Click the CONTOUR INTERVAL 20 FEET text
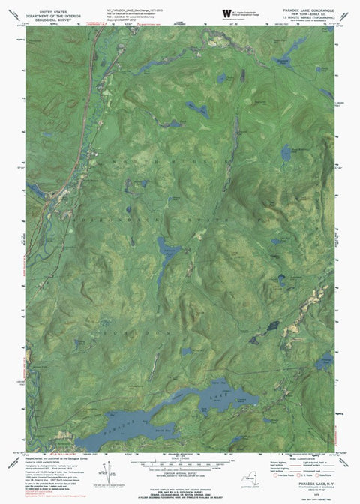tap(180, 475)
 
